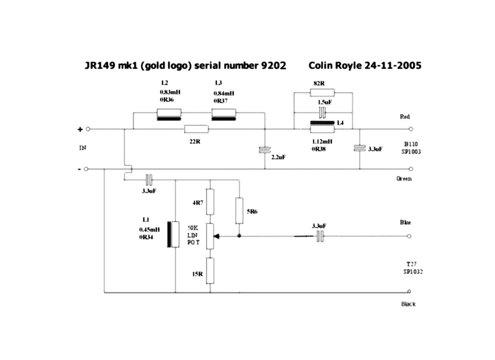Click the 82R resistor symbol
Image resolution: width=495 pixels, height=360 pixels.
tap(322, 93)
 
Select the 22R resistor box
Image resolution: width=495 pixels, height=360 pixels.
tap(196, 129)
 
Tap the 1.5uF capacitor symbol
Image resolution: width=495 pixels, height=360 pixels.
tap(322, 112)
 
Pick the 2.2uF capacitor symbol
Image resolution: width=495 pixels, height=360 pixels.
tap(265, 150)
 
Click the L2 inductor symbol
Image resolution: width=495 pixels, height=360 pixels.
tap(169, 115)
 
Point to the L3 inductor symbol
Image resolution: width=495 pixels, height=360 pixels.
tap(224, 115)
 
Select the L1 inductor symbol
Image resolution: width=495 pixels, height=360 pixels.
tap(173, 234)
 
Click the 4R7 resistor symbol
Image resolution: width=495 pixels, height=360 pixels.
tap(210, 202)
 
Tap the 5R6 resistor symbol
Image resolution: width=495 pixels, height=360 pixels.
tap(239, 211)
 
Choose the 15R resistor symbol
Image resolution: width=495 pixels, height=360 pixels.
tap(210, 271)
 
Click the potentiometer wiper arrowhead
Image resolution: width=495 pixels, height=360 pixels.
tap(216, 236)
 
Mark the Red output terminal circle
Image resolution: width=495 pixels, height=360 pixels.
tap(411, 129)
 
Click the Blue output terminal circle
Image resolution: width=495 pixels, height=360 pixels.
tap(409, 236)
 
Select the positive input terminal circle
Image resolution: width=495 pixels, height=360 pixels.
tap(88, 129)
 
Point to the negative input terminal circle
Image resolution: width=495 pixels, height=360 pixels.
tap(86, 169)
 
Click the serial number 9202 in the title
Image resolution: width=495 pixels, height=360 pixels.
tap(273, 66)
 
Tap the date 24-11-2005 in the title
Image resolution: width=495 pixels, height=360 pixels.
tap(393, 66)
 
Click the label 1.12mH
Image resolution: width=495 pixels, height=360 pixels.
tap(322, 141)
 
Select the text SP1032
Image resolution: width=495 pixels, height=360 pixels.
tap(413, 272)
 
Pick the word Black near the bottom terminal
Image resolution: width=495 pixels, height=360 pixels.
tap(408, 304)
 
